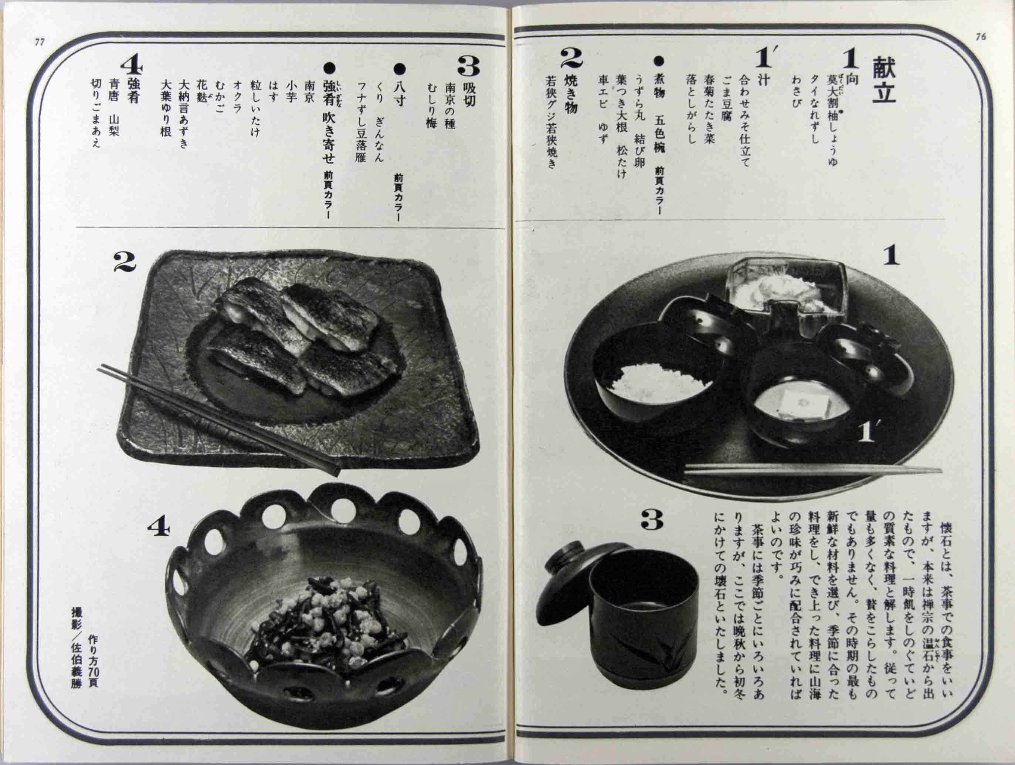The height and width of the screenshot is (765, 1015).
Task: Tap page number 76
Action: tap(980, 37)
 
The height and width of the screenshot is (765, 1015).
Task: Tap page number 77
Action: tap(40, 42)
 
